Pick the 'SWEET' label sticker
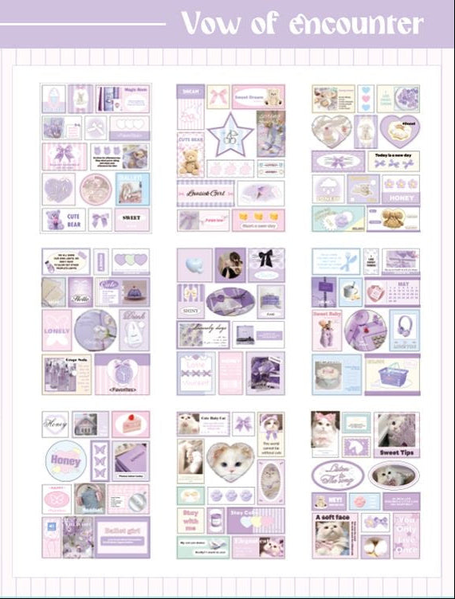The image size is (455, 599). (131, 217)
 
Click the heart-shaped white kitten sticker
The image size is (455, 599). (230, 460)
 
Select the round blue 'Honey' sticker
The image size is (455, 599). (65, 460)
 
